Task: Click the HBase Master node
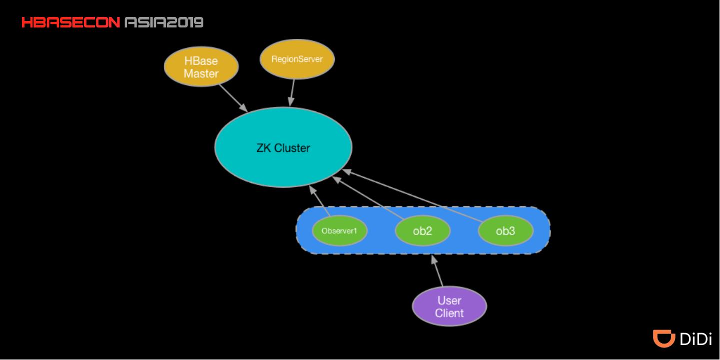(201, 67)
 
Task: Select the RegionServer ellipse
(297, 59)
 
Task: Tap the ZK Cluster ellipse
(283, 147)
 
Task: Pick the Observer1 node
(340, 231)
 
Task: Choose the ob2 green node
(422, 231)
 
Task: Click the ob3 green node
(505, 231)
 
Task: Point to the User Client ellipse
(449, 307)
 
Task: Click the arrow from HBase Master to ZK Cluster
(233, 98)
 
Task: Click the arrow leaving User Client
(437, 271)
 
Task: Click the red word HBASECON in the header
(70, 22)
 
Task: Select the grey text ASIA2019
(163, 22)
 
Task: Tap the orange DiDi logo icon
(664, 338)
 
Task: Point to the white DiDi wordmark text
(696, 339)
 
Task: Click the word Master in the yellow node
(201, 74)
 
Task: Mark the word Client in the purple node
(449, 313)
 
